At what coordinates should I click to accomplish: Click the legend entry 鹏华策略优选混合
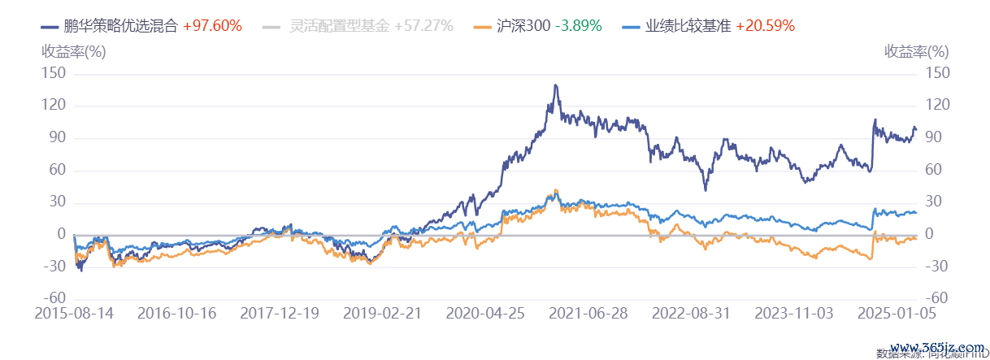pyautogui.click(x=120, y=25)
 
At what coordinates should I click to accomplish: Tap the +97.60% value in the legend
pyautogui.click(x=212, y=25)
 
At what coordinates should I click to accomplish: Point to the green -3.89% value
pyautogui.click(x=578, y=25)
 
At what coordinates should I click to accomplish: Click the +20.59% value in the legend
pyautogui.click(x=765, y=25)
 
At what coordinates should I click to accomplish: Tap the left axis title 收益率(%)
pyautogui.click(x=73, y=51)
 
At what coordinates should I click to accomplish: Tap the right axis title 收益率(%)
pyautogui.click(x=916, y=51)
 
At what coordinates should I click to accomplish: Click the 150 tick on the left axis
pyautogui.click(x=55, y=74)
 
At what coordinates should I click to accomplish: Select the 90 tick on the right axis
pyautogui.click(x=934, y=138)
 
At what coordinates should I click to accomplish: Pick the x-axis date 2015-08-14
pyautogui.click(x=74, y=314)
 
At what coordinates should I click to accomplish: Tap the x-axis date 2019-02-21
pyautogui.click(x=382, y=314)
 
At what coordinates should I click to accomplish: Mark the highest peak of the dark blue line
pyautogui.click(x=555, y=85)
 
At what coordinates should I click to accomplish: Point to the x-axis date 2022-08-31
pyautogui.click(x=692, y=314)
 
